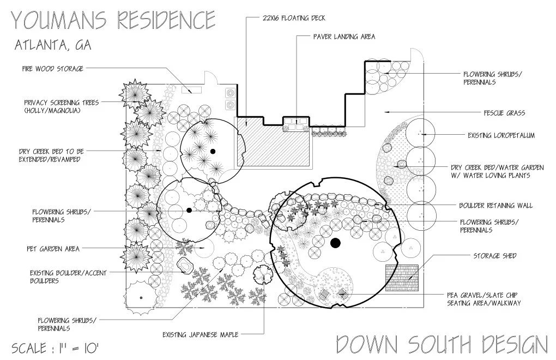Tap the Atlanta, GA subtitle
pyautogui.click(x=52, y=46)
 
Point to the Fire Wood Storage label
pyautogui.click(x=53, y=69)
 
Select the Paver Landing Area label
pyautogui.click(x=344, y=37)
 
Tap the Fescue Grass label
pyautogui.click(x=504, y=113)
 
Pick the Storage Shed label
pyautogui.click(x=494, y=255)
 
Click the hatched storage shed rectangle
pyautogui.click(x=401, y=278)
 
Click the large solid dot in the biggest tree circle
pyautogui.click(x=335, y=243)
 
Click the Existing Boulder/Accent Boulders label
pyautogui.click(x=69, y=277)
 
